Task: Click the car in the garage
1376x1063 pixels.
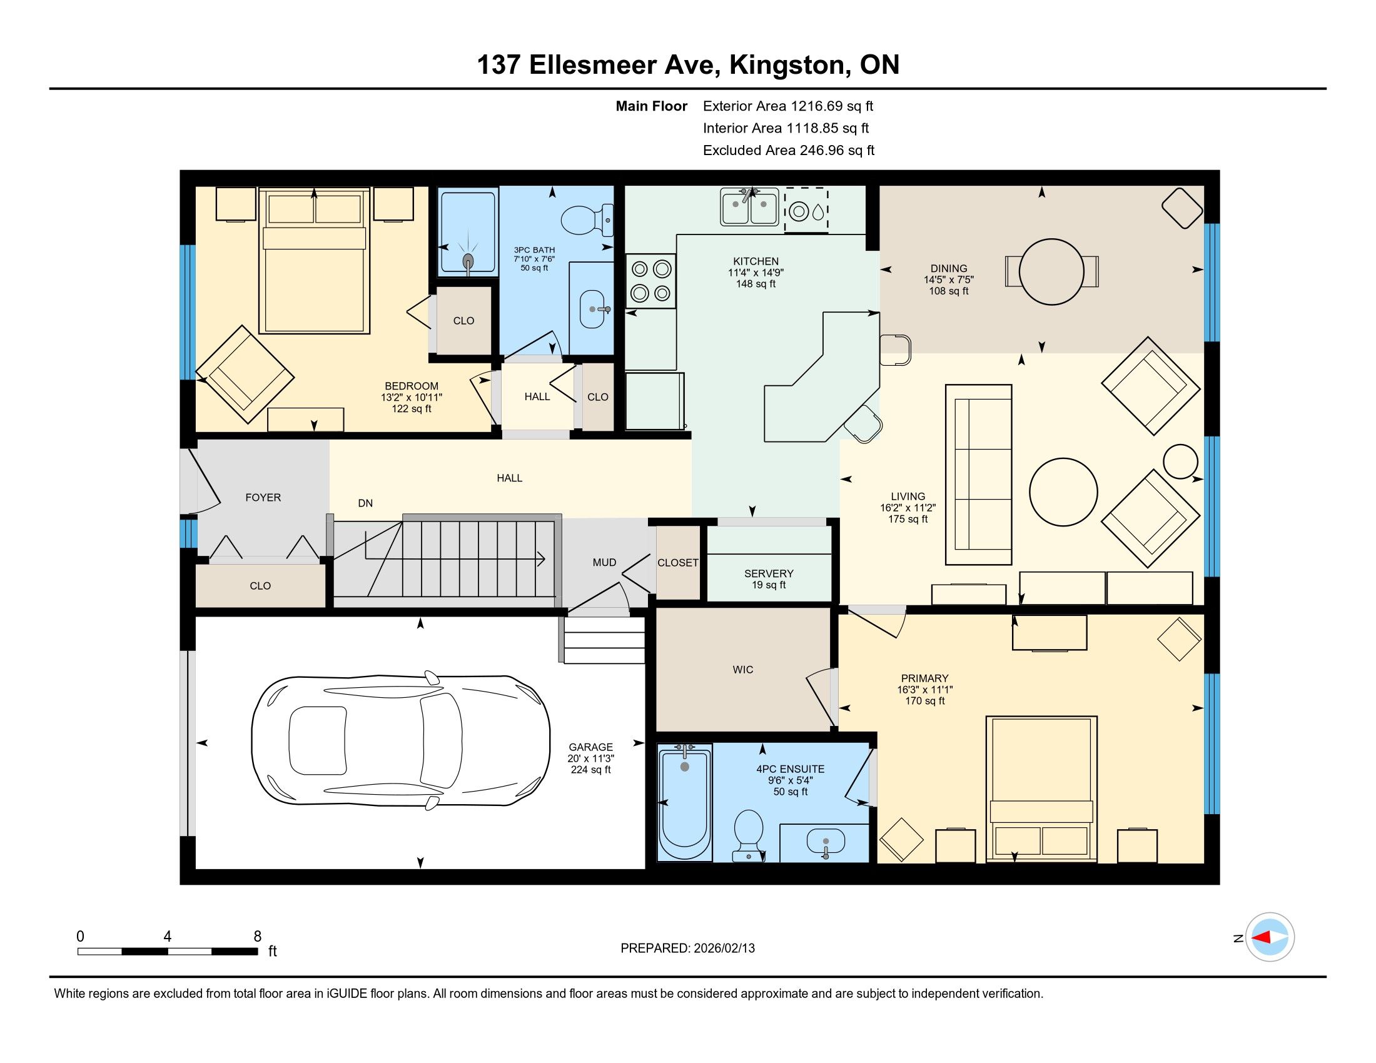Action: (401, 741)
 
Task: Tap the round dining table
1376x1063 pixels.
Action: (1051, 271)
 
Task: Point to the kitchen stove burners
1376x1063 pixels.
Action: (651, 281)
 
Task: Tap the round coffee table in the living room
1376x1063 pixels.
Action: (1063, 491)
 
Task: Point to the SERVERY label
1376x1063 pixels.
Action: (769, 573)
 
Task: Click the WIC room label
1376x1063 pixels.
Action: (743, 670)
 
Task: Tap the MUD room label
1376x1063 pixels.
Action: (604, 562)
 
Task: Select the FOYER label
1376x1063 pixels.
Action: (263, 498)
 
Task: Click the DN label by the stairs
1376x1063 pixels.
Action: (365, 503)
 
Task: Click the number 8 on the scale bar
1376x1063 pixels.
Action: (257, 937)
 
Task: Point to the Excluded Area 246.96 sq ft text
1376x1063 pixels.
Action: (789, 151)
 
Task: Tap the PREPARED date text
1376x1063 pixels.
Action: (687, 949)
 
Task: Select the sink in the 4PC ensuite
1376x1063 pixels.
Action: (826, 841)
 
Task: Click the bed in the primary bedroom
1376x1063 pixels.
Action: (1041, 789)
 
